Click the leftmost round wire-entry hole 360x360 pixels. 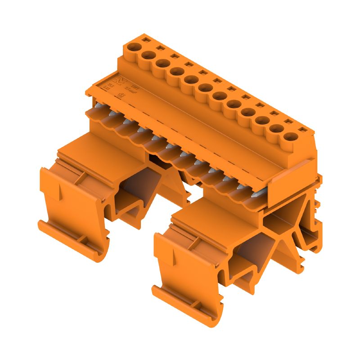[133, 46]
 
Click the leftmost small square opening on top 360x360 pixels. [144, 40]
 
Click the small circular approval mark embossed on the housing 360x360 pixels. [121, 95]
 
